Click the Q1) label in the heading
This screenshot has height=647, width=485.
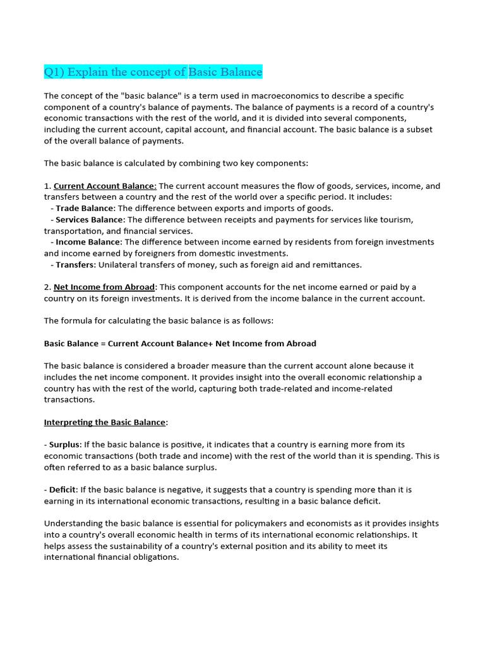pyautogui.click(x=54, y=72)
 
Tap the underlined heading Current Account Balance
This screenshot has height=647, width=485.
pyautogui.click(x=104, y=186)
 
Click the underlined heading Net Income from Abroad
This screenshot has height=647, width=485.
pyautogui.click(x=104, y=287)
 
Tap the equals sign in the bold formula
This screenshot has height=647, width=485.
pyautogui.click(x=102, y=344)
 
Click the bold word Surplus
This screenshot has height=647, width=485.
pyautogui.click(x=64, y=444)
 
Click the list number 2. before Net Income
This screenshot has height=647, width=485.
pyautogui.click(x=47, y=287)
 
